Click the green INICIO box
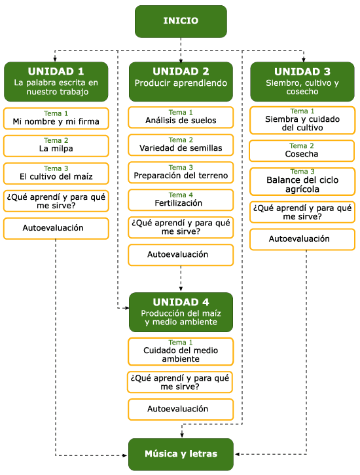coord(181,21)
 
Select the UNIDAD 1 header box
coord(56,82)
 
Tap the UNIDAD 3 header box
coord(302,82)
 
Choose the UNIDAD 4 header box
coord(181,312)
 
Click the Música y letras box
coord(181,454)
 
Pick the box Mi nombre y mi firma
coord(56,119)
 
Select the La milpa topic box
coord(56,146)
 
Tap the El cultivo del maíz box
coord(56,174)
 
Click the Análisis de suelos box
coord(181,117)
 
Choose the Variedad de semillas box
coord(181,145)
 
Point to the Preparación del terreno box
coord(181,172)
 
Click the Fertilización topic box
coord(181,200)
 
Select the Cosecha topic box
coord(302,151)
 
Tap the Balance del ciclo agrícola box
coord(302,181)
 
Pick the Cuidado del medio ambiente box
coord(181,351)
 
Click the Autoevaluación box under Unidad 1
coord(56,229)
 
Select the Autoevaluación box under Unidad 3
coord(302,239)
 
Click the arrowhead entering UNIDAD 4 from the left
coord(127,308)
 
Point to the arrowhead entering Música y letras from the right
coord(237,454)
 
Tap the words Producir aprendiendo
coord(181,83)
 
